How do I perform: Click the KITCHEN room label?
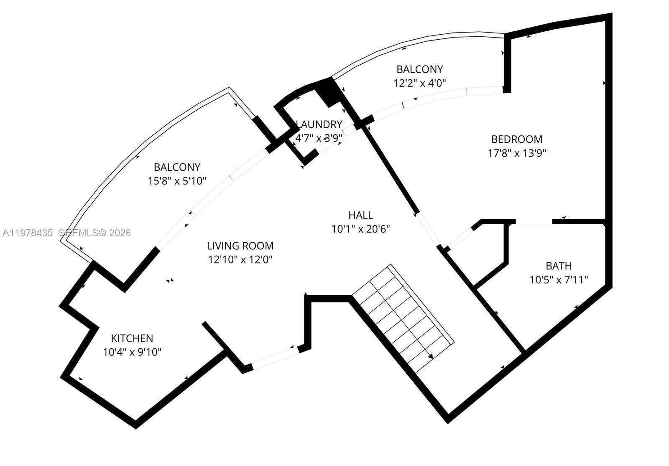point(132,338)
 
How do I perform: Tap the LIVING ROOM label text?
point(240,246)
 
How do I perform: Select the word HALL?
point(360,215)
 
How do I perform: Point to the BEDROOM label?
point(517,139)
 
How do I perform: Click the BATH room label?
point(559,266)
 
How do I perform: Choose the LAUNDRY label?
point(319,124)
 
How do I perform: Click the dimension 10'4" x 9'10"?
point(132,352)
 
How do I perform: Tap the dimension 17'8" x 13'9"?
point(517,153)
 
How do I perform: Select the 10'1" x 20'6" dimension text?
point(360,229)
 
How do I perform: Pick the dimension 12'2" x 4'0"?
point(419,83)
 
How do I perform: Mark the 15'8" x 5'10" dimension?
point(177,181)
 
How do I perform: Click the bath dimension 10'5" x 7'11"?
point(559,280)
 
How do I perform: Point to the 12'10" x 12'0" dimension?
point(240,260)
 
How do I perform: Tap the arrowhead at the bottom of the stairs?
point(431,356)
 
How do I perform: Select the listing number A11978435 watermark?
point(28,233)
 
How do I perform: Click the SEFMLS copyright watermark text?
point(94,233)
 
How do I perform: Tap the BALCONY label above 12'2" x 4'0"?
point(419,69)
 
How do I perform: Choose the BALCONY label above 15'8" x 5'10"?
point(177,167)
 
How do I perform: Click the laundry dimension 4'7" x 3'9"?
point(319,138)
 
